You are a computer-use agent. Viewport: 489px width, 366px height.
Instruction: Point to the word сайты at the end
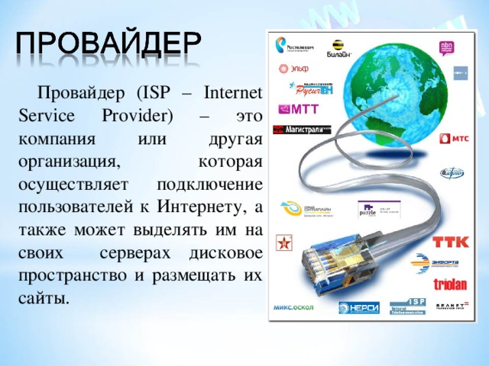click(x=42, y=297)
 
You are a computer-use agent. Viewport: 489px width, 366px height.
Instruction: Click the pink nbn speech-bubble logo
click(x=448, y=48)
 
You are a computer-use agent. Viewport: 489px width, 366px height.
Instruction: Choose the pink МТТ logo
click(x=299, y=108)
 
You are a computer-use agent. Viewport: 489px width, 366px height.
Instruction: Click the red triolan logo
click(x=451, y=284)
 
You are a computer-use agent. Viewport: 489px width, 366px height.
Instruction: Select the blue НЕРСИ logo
click(x=359, y=307)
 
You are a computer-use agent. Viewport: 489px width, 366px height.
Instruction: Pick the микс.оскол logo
click(x=293, y=307)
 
